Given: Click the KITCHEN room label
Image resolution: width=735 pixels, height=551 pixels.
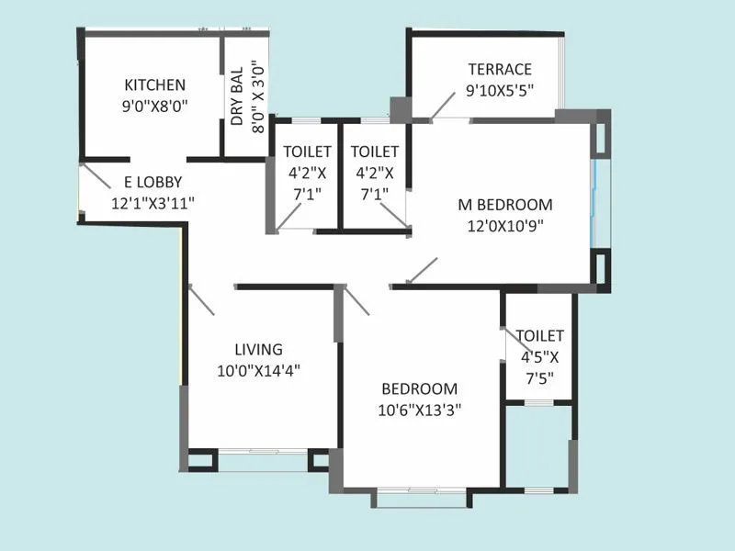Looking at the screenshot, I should click(x=155, y=85).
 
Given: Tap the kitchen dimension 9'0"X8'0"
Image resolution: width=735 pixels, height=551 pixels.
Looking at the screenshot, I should click(x=155, y=106).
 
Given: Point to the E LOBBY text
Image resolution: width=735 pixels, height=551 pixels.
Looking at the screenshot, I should click(x=146, y=182).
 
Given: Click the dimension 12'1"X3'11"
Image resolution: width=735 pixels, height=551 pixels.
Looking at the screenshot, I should click(x=153, y=202).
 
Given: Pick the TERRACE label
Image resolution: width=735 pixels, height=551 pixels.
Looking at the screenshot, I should click(x=500, y=70).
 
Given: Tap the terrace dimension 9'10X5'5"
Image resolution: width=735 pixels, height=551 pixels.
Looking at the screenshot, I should click(x=500, y=90).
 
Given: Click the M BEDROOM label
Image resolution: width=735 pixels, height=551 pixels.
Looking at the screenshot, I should click(x=505, y=205).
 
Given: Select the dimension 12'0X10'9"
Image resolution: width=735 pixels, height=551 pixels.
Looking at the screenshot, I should click(x=505, y=225).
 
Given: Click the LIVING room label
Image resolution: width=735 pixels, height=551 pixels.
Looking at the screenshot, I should click(x=258, y=349).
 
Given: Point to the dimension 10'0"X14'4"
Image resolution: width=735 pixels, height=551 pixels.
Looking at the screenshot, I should click(x=258, y=370).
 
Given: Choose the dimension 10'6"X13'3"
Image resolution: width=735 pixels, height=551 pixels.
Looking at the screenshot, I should click(x=419, y=410).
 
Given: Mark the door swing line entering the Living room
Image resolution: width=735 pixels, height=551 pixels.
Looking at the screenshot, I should click(x=200, y=300).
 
